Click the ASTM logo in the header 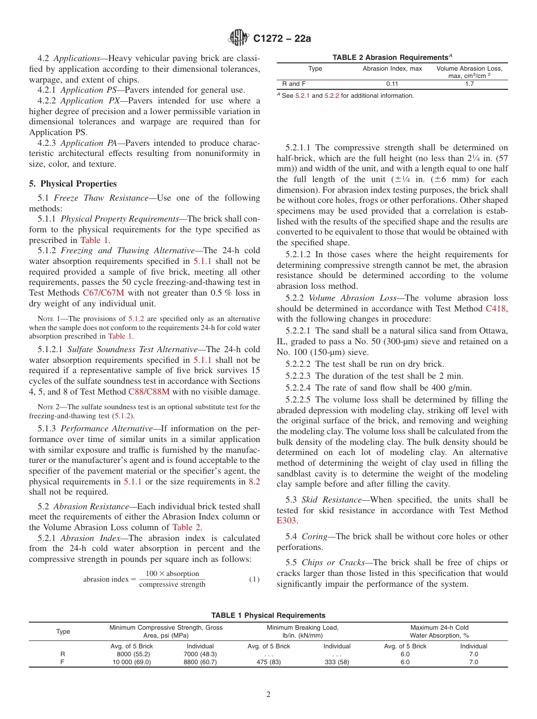(x=238, y=38)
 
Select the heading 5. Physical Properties (x=73, y=184)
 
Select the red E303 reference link (x=286, y=521)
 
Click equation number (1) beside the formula (x=254, y=579)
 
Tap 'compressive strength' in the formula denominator (x=172, y=584)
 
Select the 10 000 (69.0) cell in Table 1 (x=131, y=662)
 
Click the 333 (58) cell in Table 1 (x=337, y=662)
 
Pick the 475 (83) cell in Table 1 (x=268, y=662)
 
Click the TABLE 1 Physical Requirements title (x=268, y=615)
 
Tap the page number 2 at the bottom (x=268, y=695)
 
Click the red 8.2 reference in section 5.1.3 (x=254, y=482)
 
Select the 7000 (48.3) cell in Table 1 (x=200, y=654)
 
